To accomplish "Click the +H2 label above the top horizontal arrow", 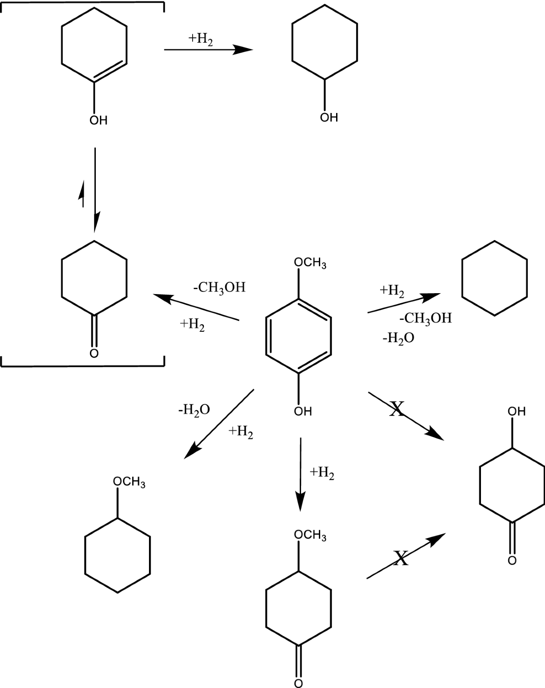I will (201, 39).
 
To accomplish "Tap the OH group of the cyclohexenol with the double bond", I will (99, 120).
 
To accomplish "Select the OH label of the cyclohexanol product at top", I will (329, 118).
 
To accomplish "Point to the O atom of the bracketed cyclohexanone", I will (94, 353).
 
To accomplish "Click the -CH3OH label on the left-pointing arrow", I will (219, 288).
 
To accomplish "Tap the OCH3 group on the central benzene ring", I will (310, 263).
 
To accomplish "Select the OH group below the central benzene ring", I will (303, 412).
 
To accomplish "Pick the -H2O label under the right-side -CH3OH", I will (398, 339).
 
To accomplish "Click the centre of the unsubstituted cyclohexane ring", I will (495, 278).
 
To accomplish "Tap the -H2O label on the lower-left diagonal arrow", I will (194, 410).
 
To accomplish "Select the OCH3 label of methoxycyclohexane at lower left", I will (129, 482).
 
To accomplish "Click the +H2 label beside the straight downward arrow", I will (322, 473).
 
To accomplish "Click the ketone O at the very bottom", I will (298, 683).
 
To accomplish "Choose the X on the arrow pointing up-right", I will (401, 558).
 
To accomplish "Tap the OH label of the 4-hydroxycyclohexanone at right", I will (517, 412).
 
